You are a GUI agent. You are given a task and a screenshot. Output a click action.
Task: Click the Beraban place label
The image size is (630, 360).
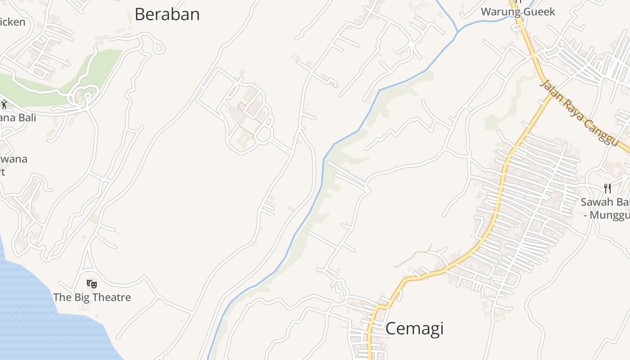167,14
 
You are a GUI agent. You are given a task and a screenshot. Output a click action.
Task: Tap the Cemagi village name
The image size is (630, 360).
414,328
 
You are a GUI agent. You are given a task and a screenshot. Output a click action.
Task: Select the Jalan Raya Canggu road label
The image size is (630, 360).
580,113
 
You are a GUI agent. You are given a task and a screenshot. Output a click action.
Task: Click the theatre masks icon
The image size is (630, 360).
92,283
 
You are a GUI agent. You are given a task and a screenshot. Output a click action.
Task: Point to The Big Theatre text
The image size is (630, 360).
92,297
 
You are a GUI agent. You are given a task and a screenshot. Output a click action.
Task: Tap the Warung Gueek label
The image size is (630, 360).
518,12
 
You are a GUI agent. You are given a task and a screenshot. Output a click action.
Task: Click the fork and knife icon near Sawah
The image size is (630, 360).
607,188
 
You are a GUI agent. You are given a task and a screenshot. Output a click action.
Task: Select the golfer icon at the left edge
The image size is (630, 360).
4,105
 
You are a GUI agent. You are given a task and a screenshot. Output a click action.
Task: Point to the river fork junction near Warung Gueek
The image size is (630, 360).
458,31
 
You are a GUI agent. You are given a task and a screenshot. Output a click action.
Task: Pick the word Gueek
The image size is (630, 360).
539,12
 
